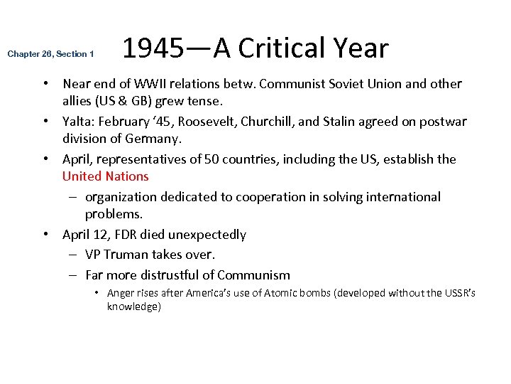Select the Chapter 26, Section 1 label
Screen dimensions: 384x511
[50, 54]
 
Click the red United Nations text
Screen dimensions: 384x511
[105, 176]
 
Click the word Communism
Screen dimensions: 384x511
[253, 275]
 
